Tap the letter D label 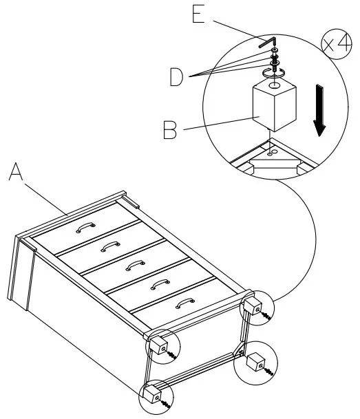click(x=177, y=78)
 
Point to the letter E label click(x=200, y=15)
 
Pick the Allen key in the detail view click(x=268, y=43)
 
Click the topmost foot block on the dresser click(x=253, y=307)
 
